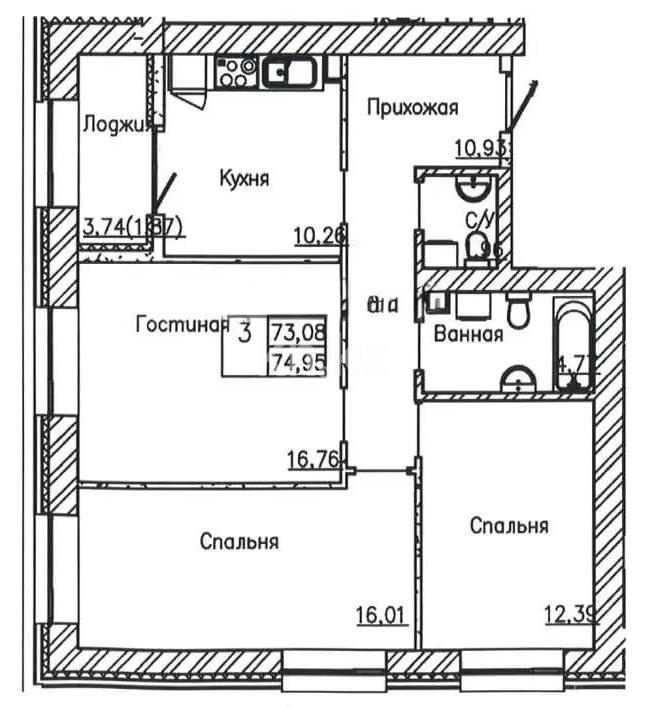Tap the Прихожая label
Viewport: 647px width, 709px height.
[x=411, y=106]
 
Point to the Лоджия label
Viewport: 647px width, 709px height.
[x=117, y=124]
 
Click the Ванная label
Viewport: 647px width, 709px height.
[x=467, y=335]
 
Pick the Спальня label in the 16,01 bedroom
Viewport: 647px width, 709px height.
[x=238, y=542]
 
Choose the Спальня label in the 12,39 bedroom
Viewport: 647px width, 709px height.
[x=509, y=525]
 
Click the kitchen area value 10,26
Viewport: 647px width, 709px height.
[x=319, y=236]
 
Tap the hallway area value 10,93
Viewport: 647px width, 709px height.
[x=482, y=149]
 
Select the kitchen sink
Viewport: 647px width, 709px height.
[x=290, y=72]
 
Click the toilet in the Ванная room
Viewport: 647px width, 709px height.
[x=517, y=311]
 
